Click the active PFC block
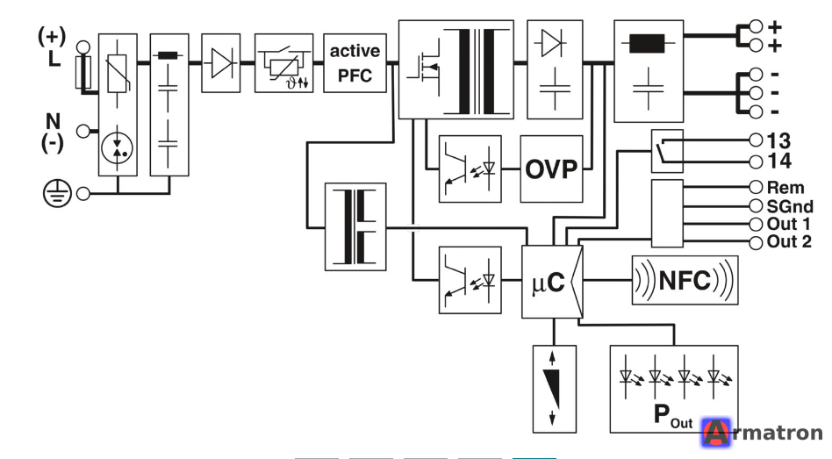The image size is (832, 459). (x=355, y=63)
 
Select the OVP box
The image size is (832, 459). (x=551, y=169)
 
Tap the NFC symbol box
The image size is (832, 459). (x=685, y=280)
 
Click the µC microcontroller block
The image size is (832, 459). (x=552, y=282)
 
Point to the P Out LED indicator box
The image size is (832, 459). (x=674, y=389)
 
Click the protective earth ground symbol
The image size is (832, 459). (x=57, y=193)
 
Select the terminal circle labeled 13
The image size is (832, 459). (x=757, y=140)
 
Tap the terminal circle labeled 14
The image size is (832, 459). (x=757, y=161)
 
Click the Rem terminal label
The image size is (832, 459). (x=785, y=188)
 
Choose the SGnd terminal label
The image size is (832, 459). (x=790, y=206)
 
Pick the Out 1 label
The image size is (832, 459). (x=788, y=224)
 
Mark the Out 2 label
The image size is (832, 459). (x=789, y=242)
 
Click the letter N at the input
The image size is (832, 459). (x=53, y=121)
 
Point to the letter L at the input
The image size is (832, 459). (x=54, y=59)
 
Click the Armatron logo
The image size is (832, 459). (x=762, y=433)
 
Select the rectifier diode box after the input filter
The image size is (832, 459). (x=221, y=63)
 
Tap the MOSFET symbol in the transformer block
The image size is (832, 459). (x=425, y=68)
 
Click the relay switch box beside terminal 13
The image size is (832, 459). (x=667, y=151)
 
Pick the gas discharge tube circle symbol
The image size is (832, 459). (x=118, y=148)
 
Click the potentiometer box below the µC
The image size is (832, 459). (x=555, y=389)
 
